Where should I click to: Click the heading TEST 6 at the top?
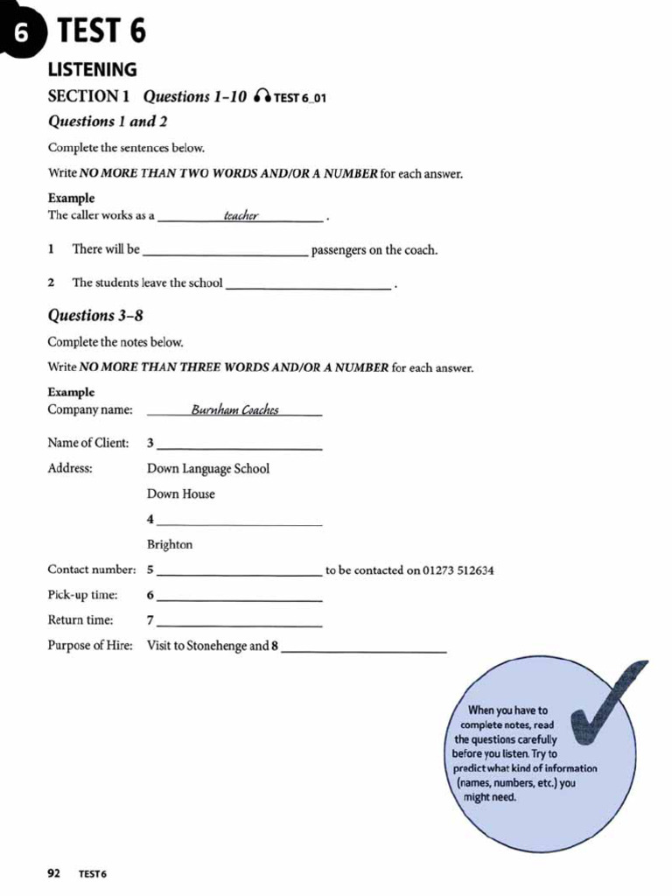(101, 31)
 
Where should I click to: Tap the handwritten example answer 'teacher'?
(241, 215)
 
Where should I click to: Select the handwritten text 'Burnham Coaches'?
(234, 409)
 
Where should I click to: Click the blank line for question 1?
(225, 252)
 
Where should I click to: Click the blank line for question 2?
(308, 284)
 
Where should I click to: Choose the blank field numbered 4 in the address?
(239, 521)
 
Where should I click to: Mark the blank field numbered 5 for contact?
(239, 571)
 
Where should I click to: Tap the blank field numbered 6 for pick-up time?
(239, 597)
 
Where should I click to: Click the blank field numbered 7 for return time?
(239, 622)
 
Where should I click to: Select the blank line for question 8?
(364, 648)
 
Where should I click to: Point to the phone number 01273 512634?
(458, 570)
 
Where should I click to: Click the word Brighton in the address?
(170, 544)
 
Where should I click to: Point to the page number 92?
(53, 872)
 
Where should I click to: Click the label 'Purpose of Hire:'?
(90, 646)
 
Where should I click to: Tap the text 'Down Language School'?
(208, 469)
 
